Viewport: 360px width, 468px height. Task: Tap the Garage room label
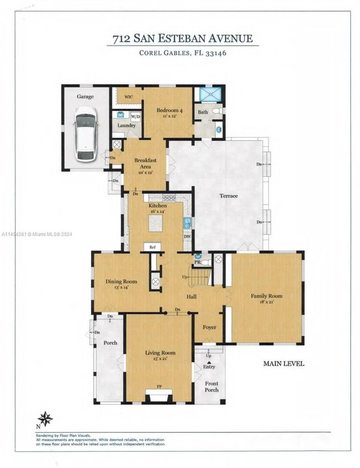point(86,96)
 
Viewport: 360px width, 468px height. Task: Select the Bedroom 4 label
point(170,110)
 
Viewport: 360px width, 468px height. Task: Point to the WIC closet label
point(129,97)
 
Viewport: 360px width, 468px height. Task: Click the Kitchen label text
point(157,205)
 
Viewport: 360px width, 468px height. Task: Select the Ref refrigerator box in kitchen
point(153,247)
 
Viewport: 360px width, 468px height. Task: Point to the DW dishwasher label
point(187,237)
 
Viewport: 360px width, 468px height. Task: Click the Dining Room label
point(122,281)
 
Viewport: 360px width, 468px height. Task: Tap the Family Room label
point(267,296)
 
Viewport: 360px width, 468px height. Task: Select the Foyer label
point(209,327)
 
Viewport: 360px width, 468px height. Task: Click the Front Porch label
point(212,387)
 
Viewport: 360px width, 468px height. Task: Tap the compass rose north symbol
point(45,419)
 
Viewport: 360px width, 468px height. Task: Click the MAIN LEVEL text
point(284,364)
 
